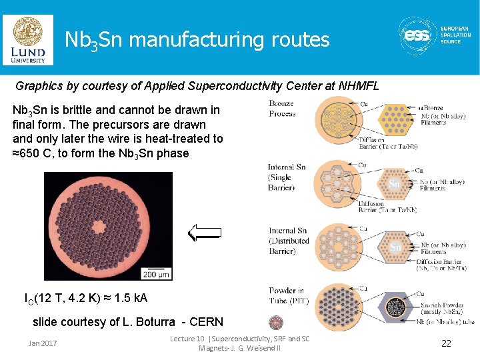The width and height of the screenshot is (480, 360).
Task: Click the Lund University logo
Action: (28, 40)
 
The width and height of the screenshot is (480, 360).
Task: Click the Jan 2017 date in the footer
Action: (43, 343)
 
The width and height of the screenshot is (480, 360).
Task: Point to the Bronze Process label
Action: (281, 109)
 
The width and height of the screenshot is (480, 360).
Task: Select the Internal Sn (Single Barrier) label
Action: (287, 177)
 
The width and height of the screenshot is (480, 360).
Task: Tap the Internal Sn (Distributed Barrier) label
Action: (289, 241)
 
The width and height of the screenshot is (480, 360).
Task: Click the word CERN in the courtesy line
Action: (206, 322)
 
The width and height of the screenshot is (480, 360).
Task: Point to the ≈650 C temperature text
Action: (33, 153)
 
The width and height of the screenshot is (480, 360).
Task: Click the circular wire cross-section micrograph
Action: (108, 225)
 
